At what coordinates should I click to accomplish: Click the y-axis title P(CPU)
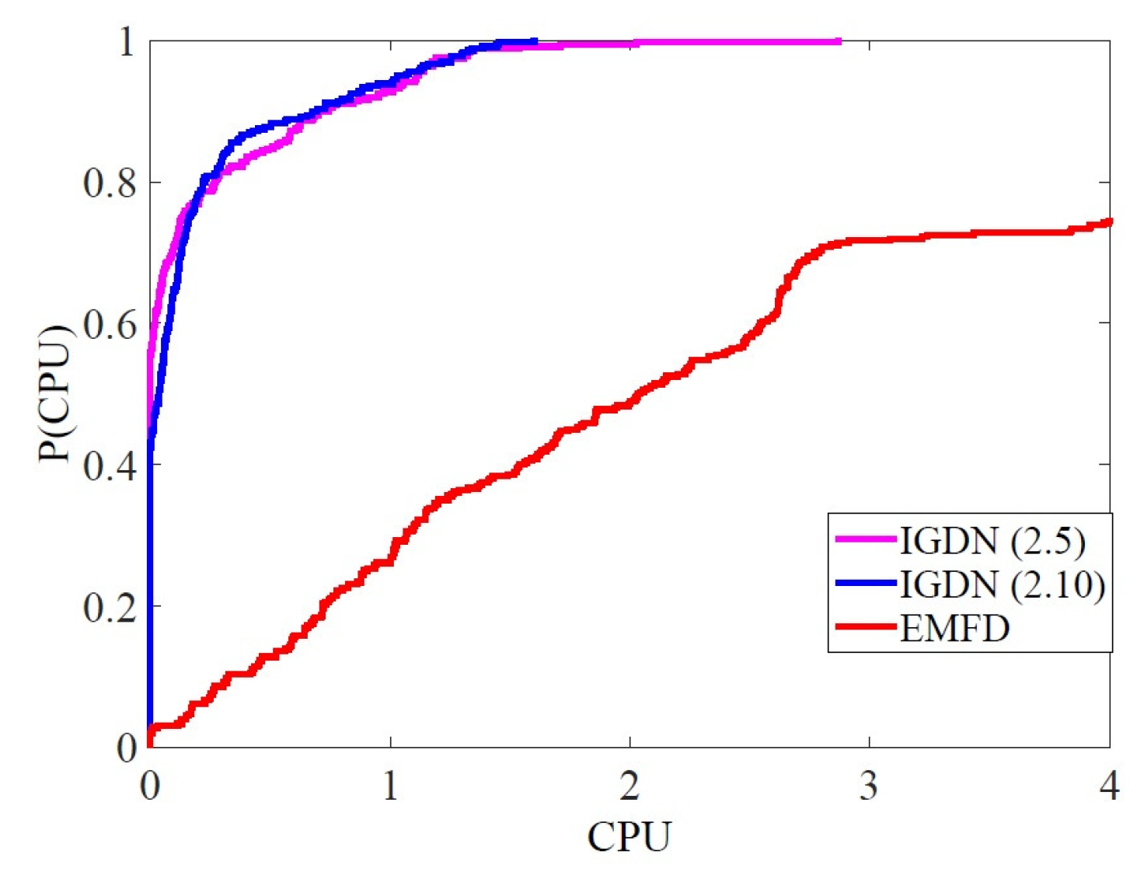click(54, 393)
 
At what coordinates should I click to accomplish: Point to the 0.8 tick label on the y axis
click(111, 183)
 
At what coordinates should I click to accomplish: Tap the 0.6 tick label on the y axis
click(111, 324)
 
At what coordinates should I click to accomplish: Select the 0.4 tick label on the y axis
click(111, 466)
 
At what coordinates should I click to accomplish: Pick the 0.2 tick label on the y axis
click(111, 607)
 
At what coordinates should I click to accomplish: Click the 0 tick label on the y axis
click(127, 748)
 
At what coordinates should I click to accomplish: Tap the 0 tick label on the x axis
click(150, 786)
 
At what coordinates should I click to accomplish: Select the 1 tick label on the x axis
click(390, 786)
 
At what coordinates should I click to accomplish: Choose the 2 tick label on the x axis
click(630, 786)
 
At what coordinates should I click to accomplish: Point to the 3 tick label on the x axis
click(869, 786)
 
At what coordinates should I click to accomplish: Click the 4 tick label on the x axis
click(1109, 786)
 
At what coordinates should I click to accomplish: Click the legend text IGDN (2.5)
click(992, 540)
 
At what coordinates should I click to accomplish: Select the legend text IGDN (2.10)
click(1002, 584)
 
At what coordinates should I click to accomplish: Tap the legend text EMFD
click(954, 627)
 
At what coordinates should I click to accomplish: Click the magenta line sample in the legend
click(865, 538)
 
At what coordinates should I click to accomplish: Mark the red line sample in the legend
click(865, 626)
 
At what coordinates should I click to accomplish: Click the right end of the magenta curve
click(839, 41)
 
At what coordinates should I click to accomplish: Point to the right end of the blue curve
click(535, 41)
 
